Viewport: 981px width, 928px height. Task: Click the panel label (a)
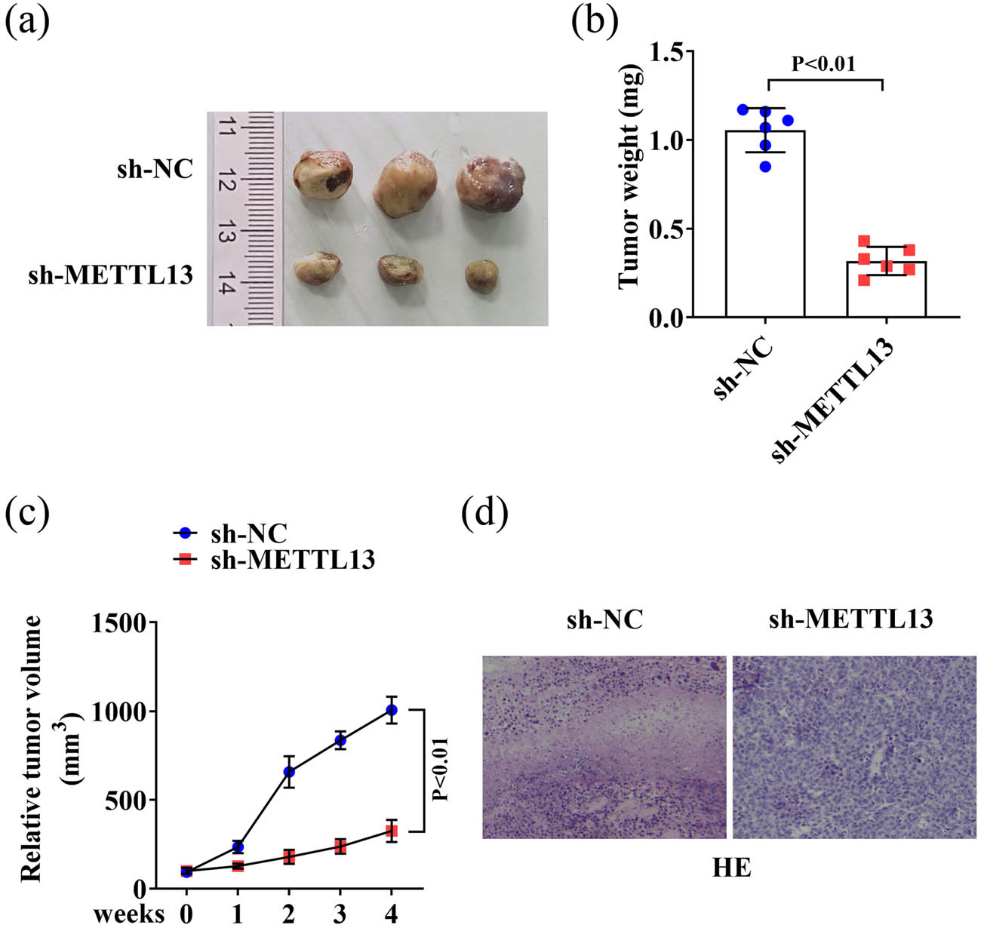pyautogui.click(x=27, y=24)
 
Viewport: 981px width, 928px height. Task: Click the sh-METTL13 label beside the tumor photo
pyautogui.click(x=111, y=275)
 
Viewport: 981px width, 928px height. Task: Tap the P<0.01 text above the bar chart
pyautogui.click(x=823, y=64)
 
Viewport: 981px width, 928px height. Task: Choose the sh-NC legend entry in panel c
pyautogui.click(x=230, y=533)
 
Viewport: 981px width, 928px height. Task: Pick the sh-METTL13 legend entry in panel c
pyautogui.click(x=273, y=560)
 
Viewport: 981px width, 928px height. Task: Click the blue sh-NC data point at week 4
pyautogui.click(x=391, y=710)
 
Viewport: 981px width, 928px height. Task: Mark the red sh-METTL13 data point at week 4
pyautogui.click(x=391, y=831)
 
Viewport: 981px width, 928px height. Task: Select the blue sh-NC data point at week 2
pyautogui.click(x=288, y=772)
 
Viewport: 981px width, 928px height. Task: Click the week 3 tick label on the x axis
pyautogui.click(x=340, y=914)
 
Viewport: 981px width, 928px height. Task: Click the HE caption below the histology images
pyautogui.click(x=731, y=868)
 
